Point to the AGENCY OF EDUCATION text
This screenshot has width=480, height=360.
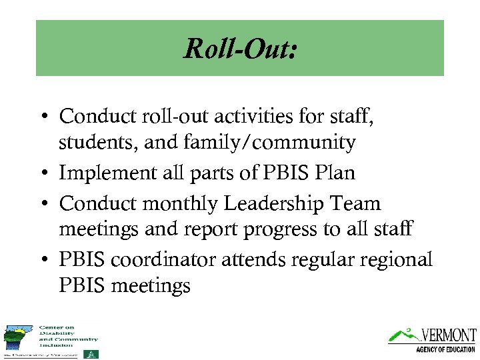point(445,349)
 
